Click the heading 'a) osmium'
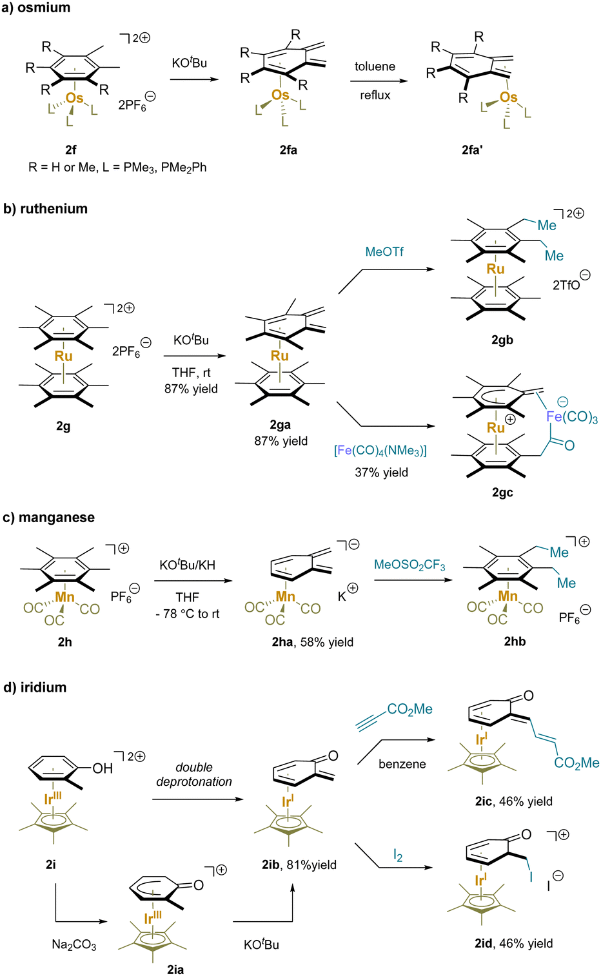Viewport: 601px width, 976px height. click(36, 8)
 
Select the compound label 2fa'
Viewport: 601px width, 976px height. click(472, 150)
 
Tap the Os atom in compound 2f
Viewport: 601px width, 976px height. click(74, 98)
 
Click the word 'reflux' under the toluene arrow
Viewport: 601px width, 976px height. click(375, 95)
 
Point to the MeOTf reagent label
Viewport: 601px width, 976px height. click(384, 251)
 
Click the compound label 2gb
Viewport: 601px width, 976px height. click(502, 340)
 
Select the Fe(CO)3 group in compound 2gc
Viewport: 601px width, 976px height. click(571, 416)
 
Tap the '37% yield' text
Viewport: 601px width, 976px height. click(381, 473)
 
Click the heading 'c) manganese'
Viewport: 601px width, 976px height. click(49, 518)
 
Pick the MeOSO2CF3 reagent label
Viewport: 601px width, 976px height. click(409, 565)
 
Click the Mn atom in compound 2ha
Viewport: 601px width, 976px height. click(285, 597)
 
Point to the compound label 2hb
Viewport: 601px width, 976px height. click(515, 641)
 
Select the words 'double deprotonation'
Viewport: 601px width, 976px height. click(194, 774)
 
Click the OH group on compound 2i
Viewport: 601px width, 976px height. click(103, 768)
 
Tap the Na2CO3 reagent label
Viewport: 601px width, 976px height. click(74, 945)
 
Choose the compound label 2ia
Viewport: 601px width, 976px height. click(175, 969)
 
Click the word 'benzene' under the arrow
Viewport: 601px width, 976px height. click(402, 764)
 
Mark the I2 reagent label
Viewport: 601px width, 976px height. click(398, 855)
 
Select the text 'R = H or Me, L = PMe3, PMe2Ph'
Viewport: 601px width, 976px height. click(117, 168)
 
